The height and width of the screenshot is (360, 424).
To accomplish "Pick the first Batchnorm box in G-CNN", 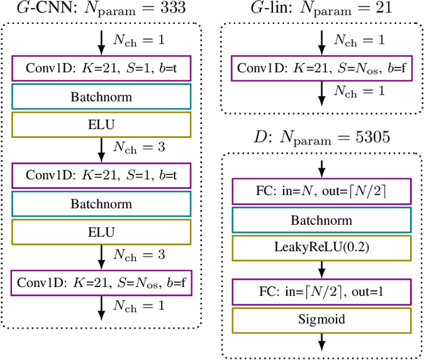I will coord(101,96).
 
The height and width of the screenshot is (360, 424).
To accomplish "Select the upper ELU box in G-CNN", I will coord(101,123).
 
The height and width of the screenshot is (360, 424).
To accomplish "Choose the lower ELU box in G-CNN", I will coord(101,232).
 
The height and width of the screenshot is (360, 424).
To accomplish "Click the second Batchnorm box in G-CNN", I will coord(101,205).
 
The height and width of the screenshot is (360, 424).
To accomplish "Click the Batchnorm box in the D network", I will coord(321,220).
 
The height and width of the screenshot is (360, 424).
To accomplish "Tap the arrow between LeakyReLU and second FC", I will coord(321,269).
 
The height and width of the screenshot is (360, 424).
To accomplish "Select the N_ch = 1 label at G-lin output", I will coord(358,91).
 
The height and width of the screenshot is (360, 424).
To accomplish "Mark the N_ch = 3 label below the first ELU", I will coord(138,146).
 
